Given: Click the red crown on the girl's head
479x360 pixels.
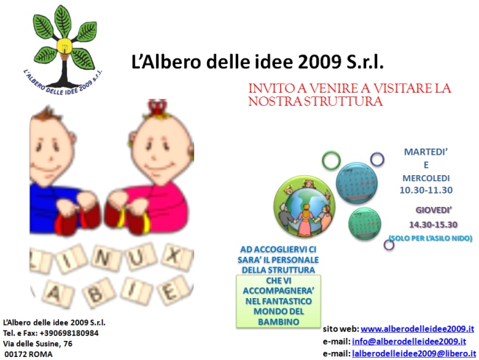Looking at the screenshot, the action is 157,107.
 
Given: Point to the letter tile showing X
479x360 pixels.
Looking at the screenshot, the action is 177,256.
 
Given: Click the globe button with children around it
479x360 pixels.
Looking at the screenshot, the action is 304,207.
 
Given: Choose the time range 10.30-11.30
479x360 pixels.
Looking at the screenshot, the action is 426,190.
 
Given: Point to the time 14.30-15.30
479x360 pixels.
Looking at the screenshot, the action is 433,225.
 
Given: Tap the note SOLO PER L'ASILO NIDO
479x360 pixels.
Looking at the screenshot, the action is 430,238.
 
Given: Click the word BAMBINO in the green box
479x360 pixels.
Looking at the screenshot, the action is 279,322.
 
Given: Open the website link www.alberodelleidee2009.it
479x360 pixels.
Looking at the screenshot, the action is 417,329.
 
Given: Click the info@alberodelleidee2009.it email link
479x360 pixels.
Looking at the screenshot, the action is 409,341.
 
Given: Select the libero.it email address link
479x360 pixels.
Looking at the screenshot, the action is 414,353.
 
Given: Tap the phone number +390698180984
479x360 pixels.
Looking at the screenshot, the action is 69,333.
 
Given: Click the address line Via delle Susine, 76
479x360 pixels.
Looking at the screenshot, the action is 38,344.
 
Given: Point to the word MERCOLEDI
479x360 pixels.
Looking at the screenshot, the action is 426,178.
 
